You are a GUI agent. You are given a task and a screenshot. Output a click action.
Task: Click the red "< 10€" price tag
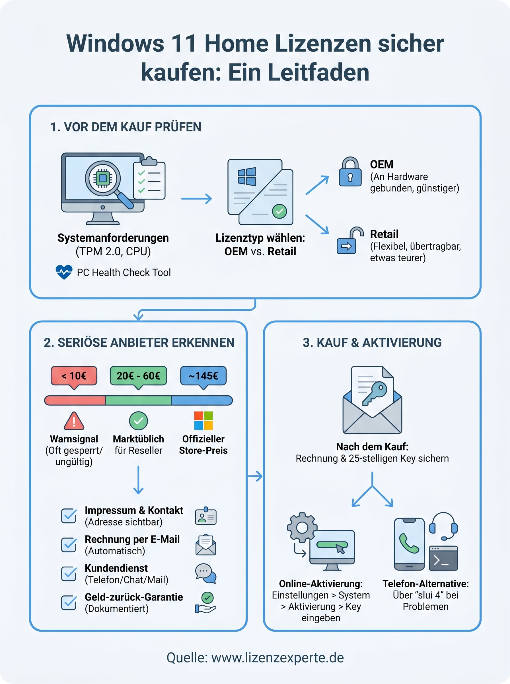(x=74, y=376)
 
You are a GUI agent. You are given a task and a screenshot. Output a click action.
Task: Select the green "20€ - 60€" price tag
(x=138, y=376)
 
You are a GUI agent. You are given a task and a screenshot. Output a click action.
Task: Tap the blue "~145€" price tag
(x=203, y=376)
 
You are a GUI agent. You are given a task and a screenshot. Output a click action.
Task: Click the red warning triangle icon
(x=74, y=422)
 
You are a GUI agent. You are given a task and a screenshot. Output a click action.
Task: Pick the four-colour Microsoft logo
(x=203, y=420)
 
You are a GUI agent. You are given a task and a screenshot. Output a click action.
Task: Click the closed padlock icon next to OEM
(x=350, y=173)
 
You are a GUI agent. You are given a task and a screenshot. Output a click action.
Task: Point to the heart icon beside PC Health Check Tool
(x=64, y=272)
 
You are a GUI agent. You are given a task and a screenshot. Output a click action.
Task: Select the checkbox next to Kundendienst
(x=69, y=574)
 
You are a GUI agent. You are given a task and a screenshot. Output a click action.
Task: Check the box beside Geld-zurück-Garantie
(x=69, y=602)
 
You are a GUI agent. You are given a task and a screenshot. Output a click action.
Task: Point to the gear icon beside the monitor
(x=302, y=527)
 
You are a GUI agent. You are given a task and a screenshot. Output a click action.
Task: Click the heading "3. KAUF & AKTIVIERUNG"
(x=372, y=343)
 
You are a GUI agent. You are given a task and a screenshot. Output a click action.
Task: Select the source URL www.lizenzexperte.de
(x=277, y=657)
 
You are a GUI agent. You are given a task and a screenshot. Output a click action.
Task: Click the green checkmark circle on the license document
(x=279, y=211)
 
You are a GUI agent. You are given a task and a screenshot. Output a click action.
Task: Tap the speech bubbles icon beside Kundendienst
(x=205, y=573)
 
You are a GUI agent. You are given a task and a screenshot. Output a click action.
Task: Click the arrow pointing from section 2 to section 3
(x=255, y=476)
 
